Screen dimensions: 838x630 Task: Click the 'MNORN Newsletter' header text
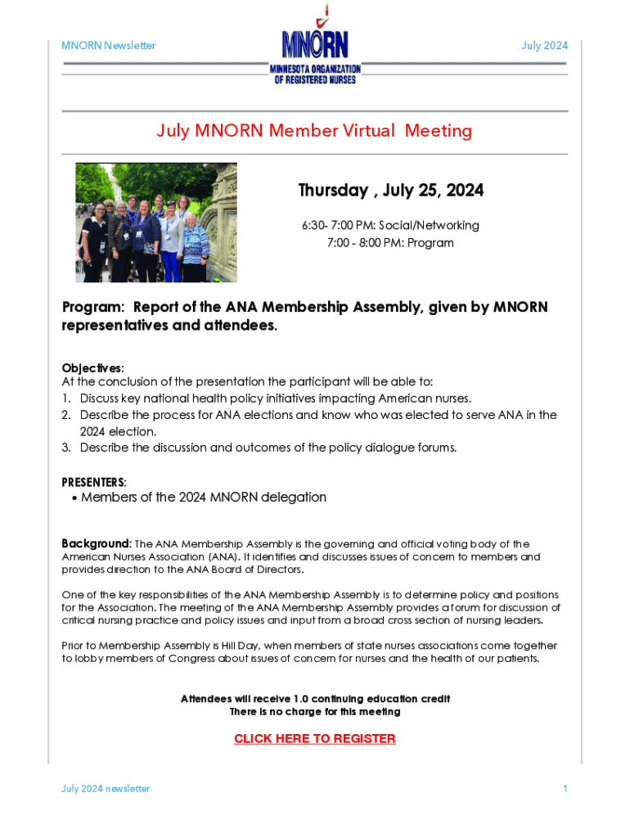point(109,45)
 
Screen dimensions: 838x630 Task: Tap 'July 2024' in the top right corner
point(544,45)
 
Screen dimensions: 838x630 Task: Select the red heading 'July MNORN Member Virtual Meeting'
point(314,131)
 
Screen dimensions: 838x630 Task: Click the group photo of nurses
point(155,222)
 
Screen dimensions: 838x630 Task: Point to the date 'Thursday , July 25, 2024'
point(390,191)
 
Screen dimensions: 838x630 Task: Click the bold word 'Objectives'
point(92,367)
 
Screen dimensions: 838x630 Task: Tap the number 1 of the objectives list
point(65,399)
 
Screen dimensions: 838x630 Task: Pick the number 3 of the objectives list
point(65,448)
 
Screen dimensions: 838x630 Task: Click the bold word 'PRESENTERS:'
point(94,482)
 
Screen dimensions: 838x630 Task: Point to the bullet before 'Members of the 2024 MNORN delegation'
point(74,498)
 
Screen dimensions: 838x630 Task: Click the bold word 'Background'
point(96,544)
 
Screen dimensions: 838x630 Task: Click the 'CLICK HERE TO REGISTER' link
point(315,739)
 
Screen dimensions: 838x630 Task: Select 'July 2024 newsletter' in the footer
point(106,789)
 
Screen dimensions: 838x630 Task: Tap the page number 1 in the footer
point(565,789)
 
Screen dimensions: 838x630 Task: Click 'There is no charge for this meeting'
point(315,712)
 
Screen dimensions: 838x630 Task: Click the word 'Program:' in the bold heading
point(94,308)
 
